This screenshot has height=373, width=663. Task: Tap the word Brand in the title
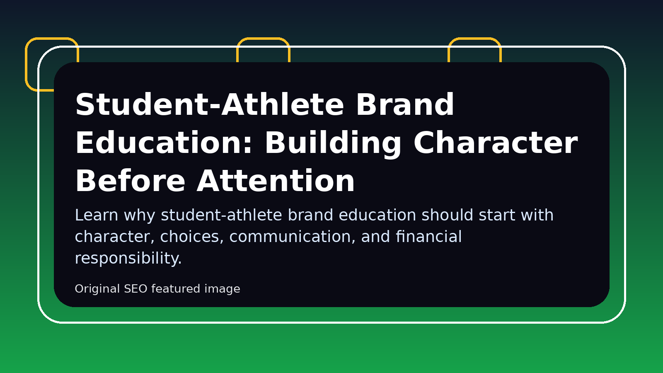pos(405,104)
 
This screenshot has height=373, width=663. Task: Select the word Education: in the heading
pos(164,143)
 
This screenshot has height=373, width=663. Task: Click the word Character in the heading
pos(496,143)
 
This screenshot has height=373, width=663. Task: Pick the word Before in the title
pos(131,181)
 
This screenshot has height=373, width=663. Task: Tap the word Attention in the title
pos(276,181)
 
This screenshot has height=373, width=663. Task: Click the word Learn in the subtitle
pos(97,215)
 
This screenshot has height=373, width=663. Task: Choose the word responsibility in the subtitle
pos(128,258)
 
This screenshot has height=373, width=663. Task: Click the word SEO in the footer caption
pos(136,288)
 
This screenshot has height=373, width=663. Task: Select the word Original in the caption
pos(97,289)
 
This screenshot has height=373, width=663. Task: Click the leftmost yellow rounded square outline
pos(27,64)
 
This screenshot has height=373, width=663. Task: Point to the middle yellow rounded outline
pos(263,39)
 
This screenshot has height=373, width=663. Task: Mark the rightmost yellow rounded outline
pos(474,39)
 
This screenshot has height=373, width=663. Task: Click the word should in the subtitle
pos(447,215)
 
